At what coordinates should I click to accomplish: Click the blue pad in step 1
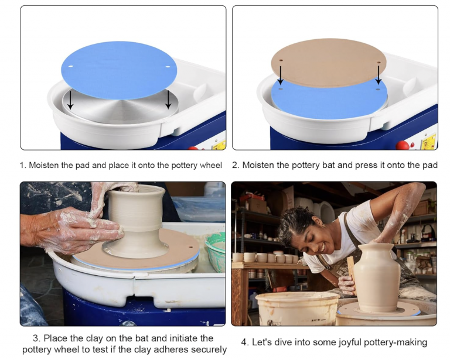coord(119,70)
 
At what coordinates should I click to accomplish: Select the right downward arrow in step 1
coord(168,100)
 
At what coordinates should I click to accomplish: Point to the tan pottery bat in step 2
coord(329,63)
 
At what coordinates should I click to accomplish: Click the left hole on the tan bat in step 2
coord(281,61)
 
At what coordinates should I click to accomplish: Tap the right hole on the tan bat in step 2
coord(379,62)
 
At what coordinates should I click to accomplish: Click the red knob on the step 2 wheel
coord(403,145)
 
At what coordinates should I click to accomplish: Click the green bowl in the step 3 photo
coord(216,251)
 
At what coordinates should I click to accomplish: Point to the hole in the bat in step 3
coord(190,246)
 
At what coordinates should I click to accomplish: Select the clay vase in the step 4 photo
coord(377,277)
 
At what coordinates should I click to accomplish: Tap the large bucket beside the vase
coord(297,308)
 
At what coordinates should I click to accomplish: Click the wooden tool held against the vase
coord(352,274)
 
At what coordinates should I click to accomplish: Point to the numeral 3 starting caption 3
coord(35,338)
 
